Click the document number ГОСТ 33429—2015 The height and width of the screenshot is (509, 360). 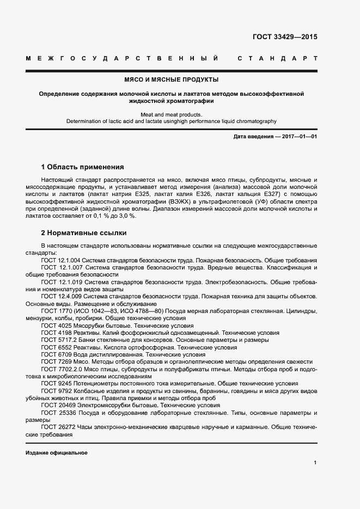pos(285,37)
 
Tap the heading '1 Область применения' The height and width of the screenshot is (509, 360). pos(83,167)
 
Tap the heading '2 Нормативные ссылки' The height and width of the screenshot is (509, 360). pos(84,233)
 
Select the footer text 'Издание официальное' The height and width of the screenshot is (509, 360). pos(57,453)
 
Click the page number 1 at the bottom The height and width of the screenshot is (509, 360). pos(315,462)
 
